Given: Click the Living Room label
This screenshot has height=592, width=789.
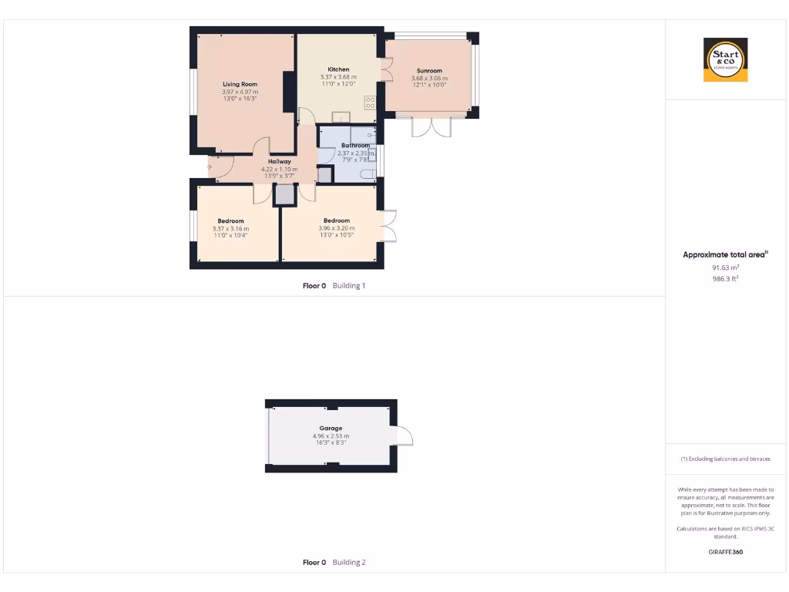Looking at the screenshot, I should [240, 84].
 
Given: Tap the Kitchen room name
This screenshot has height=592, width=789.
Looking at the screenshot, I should [338, 69].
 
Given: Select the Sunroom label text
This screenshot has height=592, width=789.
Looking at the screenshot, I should [429, 71].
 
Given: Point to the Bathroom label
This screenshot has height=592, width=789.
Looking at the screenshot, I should [355, 145].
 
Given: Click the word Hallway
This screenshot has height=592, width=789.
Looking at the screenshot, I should [279, 161].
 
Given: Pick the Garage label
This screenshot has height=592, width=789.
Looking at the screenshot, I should [331, 428].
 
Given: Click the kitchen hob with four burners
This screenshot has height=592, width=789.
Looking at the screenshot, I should [370, 103].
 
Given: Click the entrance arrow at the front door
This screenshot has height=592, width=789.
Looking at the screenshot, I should [209, 166].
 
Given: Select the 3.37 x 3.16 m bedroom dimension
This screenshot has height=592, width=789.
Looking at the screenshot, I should [230, 229].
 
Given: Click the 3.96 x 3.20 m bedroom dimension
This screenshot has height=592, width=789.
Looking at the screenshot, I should [337, 228].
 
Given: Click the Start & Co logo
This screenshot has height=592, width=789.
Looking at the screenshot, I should [725, 59].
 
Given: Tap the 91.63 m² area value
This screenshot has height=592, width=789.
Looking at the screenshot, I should [725, 267].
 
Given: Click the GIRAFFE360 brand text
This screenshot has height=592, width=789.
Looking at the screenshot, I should [725, 552].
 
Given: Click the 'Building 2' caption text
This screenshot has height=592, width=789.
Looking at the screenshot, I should [349, 563].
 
